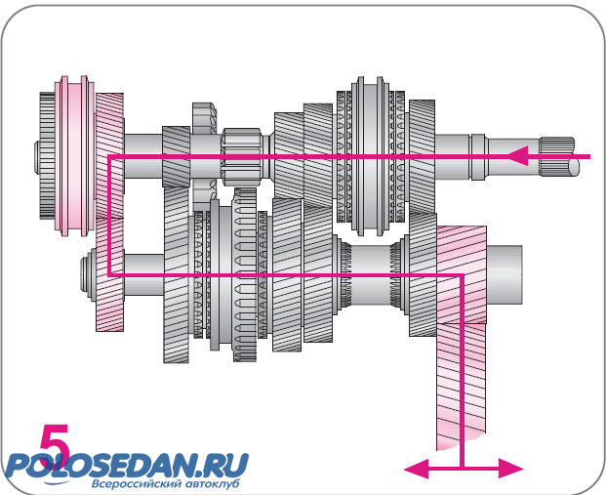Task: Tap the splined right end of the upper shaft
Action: click(x=563, y=157)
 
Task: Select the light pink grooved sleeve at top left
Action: click(x=73, y=146)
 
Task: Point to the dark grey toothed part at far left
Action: click(x=46, y=156)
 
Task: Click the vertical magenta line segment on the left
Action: click(x=108, y=215)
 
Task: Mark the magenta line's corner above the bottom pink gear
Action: click(x=460, y=276)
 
